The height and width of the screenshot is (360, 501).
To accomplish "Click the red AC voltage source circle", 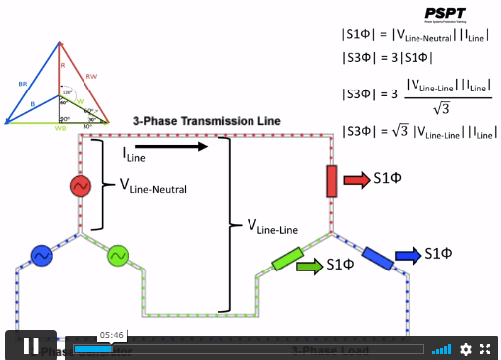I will coord(80,186).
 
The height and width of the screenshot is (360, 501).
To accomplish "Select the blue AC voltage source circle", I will coord(42,256).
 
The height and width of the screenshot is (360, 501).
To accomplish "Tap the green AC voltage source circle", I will coord(118,256).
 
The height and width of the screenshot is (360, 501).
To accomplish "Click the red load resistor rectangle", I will coord(332,181).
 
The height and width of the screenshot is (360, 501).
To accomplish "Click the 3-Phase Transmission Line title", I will coord(207,120).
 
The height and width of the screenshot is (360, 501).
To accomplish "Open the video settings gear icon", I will coord(466,349).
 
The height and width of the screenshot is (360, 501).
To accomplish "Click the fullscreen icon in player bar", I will coord(486,349).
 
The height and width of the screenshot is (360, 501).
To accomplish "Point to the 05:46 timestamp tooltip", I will coord(111,335).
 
